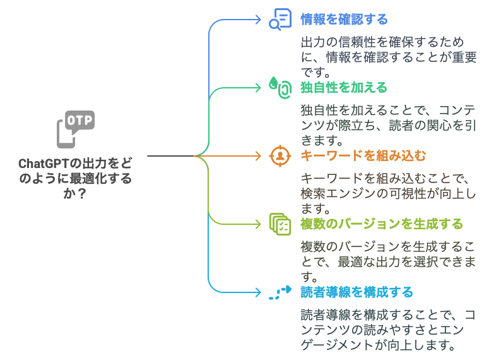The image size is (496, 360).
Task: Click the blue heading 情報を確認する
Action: pyautogui.click(x=344, y=20)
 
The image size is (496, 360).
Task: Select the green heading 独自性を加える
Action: pyautogui.click(x=344, y=88)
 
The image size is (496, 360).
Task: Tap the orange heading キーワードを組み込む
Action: pyautogui.click(x=363, y=156)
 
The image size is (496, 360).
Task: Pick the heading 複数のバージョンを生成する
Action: pyautogui.click(x=382, y=224)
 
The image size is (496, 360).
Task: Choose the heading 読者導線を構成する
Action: pyautogui.click(x=357, y=292)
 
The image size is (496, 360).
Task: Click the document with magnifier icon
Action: pyautogui.click(x=280, y=20)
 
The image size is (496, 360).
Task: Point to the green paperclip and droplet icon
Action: pyautogui.click(x=280, y=88)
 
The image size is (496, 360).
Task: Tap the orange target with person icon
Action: pyautogui.click(x=280, y=156)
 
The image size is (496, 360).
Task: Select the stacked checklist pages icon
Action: pyautogui.click(x=280, y=224)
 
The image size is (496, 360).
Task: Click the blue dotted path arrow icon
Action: pyautogui.click(x=280, y=292)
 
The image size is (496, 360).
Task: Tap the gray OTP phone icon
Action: pyautogui.click(x=76, y=129)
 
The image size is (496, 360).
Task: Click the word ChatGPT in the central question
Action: pyautogui.click(x=44, y=164)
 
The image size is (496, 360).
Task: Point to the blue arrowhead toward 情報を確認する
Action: pyautogui.click(x=258, y=20)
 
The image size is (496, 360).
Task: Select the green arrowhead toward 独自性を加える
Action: pyautogui.click(x=258, y=88)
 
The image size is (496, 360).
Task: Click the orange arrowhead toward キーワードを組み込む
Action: pyautogui.click(x=258, y=156)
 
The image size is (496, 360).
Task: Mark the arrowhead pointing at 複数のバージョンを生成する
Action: pyautogui.click(x=258, y=224)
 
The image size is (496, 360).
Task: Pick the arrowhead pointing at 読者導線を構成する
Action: pyautogui.click(x=258, y=292)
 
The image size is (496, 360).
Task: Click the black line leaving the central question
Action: pyautogui.click(x=171, y=156)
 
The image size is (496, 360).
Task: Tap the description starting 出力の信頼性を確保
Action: pyautogui.click(x=389, y=57)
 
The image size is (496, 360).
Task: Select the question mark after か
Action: pyautogui.click(x=81, y=193)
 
